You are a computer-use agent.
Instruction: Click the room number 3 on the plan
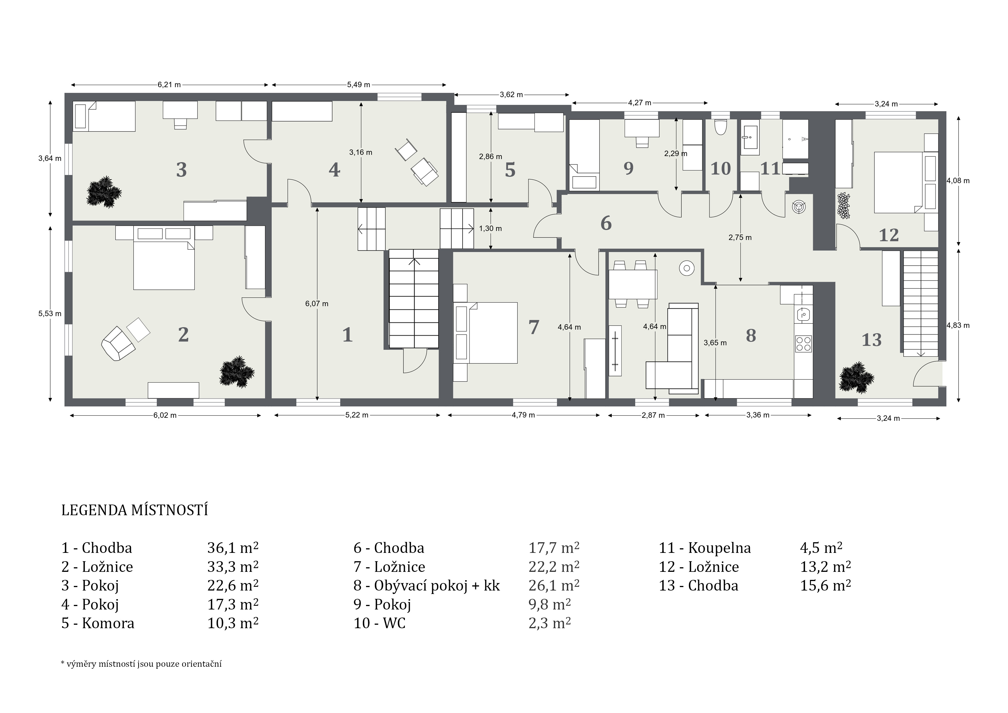pos(181,170)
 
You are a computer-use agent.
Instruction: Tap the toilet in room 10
pos(720,127)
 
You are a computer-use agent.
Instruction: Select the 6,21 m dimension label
pos(170,85)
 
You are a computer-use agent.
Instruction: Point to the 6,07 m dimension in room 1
pos(317,304)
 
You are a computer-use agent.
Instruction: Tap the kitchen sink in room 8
pos(804,315)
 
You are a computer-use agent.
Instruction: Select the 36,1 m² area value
pos(233,548)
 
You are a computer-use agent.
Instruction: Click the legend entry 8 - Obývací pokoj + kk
pos(427,586)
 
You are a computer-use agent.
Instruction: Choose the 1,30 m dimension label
pos(490,229)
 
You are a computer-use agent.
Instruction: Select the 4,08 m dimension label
pos(958,181)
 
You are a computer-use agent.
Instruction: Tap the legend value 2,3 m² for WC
pos(550,623)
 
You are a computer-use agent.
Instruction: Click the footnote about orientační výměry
pos(141,664)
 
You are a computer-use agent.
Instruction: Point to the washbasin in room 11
pos(750,140)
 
